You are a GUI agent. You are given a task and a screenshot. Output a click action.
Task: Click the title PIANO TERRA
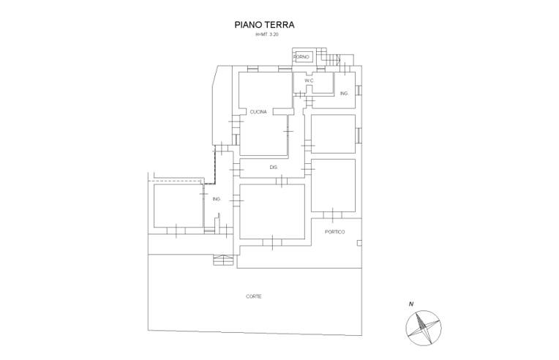(x=264, y=25)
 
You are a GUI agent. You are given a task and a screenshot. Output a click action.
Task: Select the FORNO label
(x=301, y=57)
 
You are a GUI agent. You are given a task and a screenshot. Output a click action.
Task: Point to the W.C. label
(x=309, y=81)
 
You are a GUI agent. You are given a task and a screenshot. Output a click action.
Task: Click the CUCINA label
(x=258, y=112)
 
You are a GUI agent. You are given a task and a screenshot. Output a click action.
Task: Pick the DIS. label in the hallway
(x=274, y=167)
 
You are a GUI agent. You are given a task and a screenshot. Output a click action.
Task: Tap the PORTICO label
(x=335, y=232)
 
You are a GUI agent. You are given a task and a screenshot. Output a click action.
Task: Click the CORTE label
(x=253, y=296)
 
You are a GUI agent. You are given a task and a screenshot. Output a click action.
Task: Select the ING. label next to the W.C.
(x=344, y=94)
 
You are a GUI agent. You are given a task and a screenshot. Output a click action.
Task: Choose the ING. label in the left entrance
(x=217, y=199)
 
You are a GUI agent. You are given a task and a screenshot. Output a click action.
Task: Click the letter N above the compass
(x=411, y=304)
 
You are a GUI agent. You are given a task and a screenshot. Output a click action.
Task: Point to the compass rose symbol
(x=424, y=328)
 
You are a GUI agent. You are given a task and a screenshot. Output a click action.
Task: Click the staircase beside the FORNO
(x=329, y=57)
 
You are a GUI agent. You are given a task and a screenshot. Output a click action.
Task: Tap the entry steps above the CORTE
(x=223, y=260)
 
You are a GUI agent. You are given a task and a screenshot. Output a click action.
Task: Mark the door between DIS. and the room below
(x=281, y=181)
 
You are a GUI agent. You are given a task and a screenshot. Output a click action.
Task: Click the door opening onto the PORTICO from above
(x=333, y=215)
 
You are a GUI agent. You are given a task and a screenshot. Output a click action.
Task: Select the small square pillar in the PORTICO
(x=359, y=243)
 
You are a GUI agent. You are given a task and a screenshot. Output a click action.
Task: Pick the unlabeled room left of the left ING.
(x=179, y=206)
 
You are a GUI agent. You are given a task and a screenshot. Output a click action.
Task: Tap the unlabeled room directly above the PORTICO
(x=334, y=185)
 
